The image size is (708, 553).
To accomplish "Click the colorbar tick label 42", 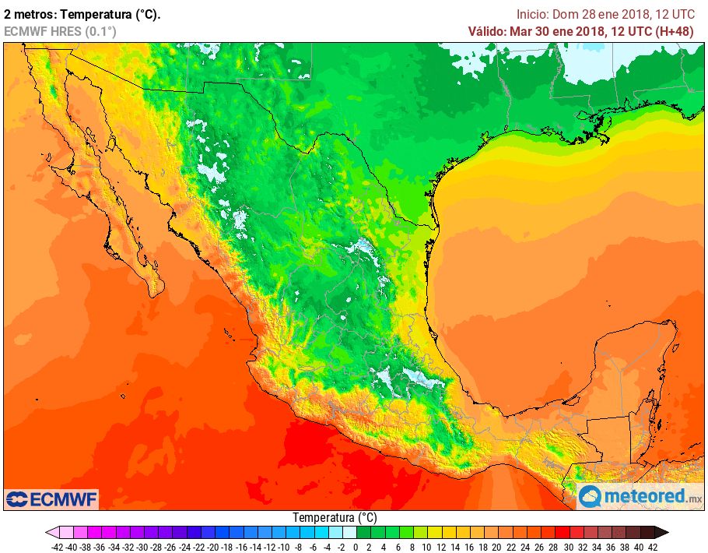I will [652, 547].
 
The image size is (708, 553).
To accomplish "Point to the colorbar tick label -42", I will [57, 547].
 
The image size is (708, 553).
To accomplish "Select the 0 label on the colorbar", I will [355, 547].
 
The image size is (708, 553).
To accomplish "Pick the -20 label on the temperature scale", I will [212, 547].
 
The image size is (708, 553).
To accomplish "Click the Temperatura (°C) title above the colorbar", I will [335, 517].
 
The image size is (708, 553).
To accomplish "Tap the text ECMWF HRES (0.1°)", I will [60, 31].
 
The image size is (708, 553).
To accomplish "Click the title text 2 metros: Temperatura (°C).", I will [82, 14].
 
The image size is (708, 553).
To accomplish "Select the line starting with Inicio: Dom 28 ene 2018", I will [606, 14].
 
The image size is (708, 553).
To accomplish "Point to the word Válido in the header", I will [486, 31].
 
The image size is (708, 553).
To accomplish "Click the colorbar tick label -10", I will [284, 547].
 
